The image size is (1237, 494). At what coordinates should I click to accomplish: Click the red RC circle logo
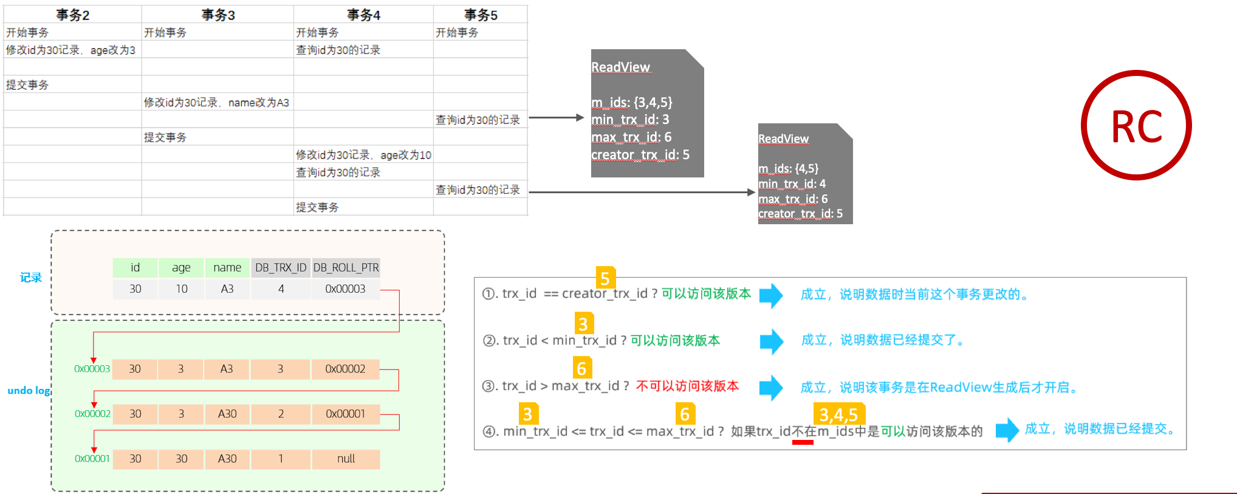point(1136,125)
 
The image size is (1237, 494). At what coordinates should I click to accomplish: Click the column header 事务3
point(218,15)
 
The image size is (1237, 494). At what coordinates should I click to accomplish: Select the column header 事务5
point(481,15)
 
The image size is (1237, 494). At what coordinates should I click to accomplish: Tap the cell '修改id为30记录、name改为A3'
point(216,102)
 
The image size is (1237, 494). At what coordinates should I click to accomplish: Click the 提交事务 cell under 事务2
point(27,84)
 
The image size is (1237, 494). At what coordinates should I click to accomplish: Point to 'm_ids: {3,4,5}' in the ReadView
point(632,102)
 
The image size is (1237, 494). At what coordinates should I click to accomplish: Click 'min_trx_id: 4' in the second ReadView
point(792,184)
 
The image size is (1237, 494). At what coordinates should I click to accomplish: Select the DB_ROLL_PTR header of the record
point(346,267)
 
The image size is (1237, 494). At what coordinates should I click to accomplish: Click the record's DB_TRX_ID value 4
point(281,289)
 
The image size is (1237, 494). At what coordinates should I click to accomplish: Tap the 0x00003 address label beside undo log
point(92,369)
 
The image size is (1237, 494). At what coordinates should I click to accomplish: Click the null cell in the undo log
point(346,459)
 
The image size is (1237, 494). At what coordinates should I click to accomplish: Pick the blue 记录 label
point(30,278)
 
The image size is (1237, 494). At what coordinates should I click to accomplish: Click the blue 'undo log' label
point(29,390)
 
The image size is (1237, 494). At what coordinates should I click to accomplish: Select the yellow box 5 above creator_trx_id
point(605,278)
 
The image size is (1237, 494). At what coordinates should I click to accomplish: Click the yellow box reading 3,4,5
point(838,414)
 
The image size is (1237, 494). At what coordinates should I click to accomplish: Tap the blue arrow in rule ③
point(771,387)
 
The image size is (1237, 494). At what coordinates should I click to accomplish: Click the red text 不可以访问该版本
point(687,386)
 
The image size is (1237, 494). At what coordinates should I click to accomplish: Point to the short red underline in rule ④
point(803,442)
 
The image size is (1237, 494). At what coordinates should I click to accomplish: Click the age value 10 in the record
point(181,289)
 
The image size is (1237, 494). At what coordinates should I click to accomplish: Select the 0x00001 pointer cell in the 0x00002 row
point(346,414)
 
